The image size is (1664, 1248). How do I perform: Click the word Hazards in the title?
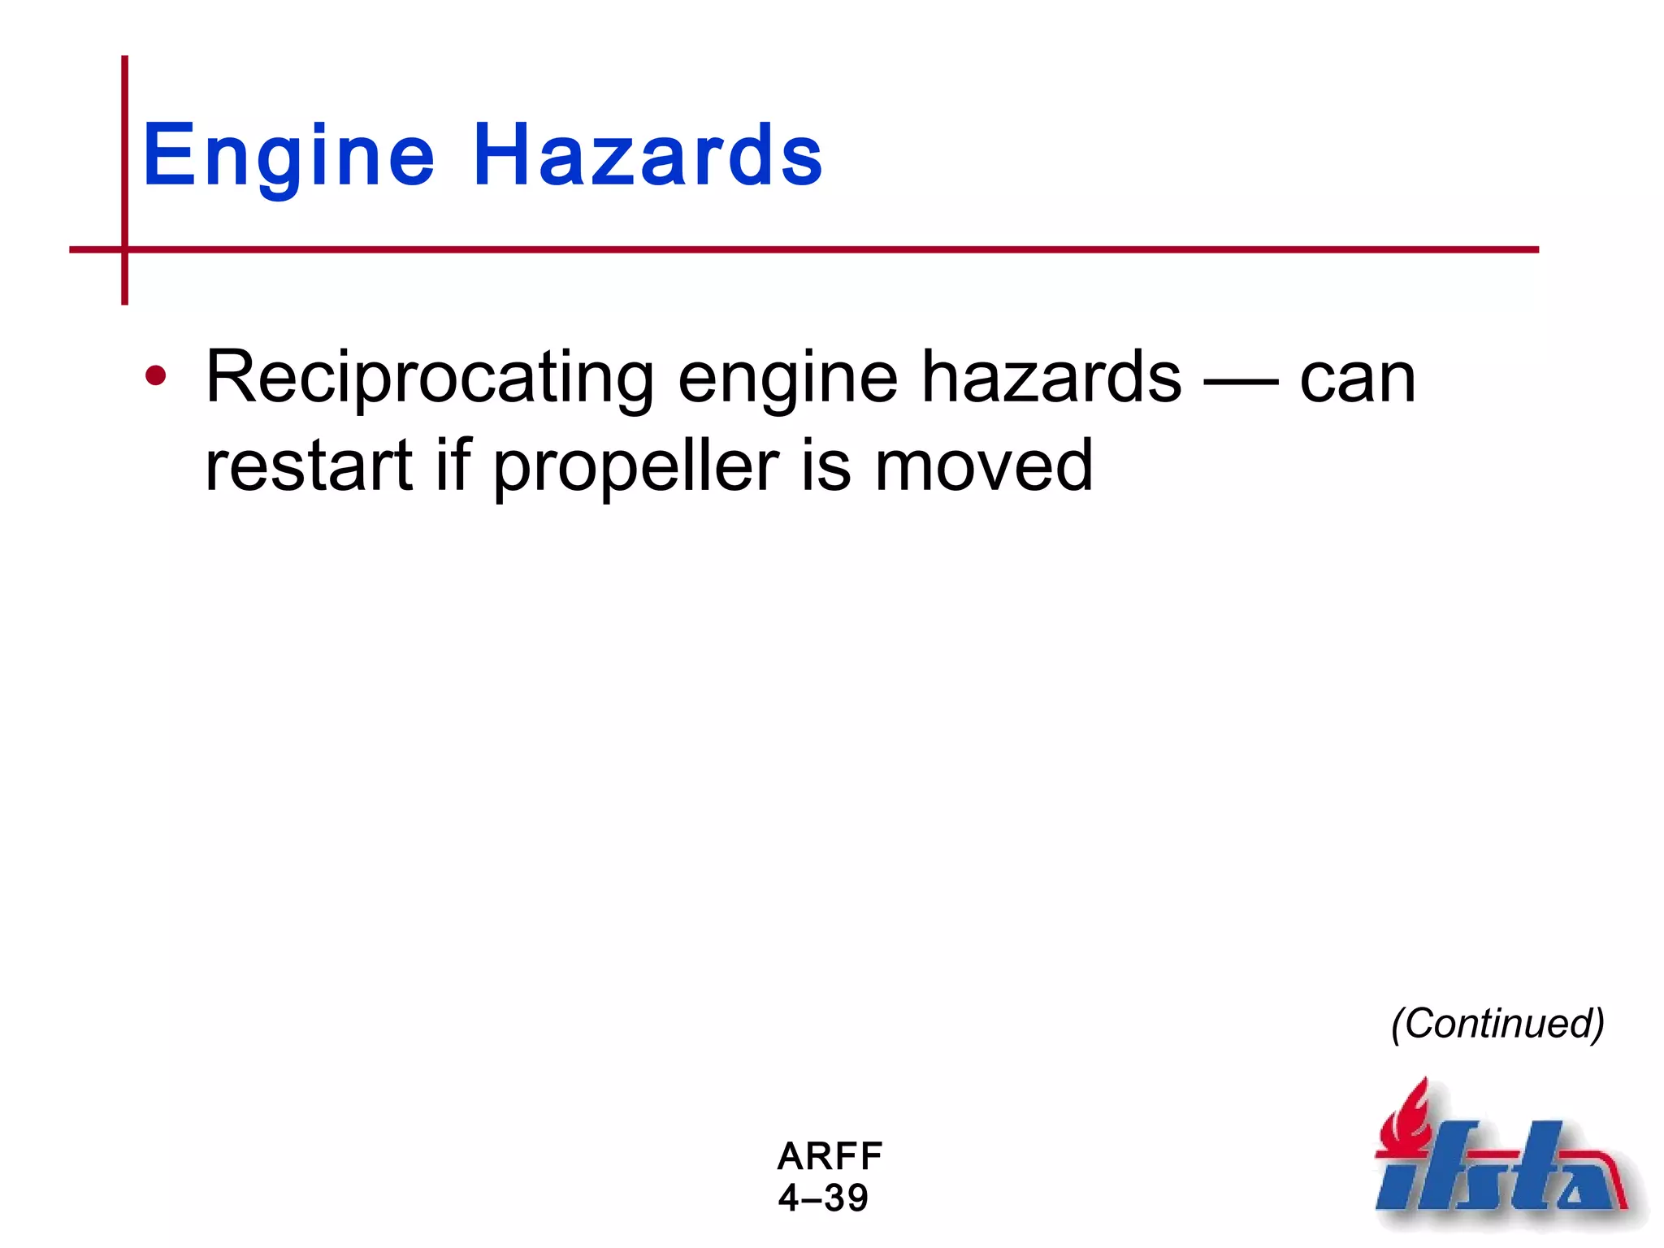[x=648, y=154]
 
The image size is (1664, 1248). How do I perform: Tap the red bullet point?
[x=155, y=376]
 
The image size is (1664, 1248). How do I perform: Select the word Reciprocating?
[x=429, y=378]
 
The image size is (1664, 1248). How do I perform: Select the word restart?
[x=309, y=466]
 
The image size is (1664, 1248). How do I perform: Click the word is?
[x=825, y=466]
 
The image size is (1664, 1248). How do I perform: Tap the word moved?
[x=983, y=466]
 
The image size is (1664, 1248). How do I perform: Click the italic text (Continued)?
[x=1497, y=1024]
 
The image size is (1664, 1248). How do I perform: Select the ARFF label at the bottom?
[x=830, y=1155]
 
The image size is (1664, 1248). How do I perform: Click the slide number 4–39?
[x=823, y=1198]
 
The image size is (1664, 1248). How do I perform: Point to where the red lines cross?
[x=124, y=249]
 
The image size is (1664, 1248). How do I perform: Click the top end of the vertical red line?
[x=124, y=59]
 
